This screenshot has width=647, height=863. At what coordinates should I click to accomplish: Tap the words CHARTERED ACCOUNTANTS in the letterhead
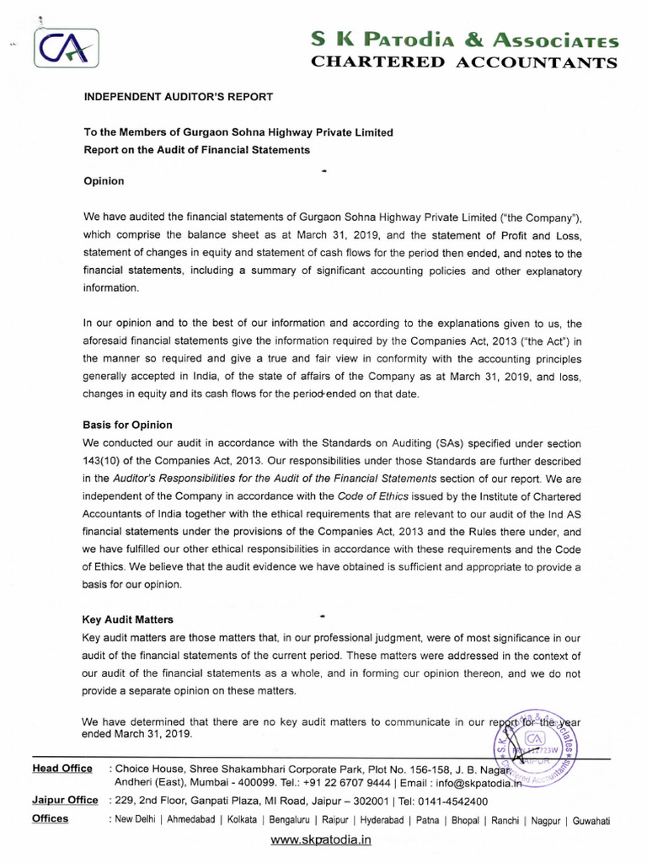tap(465, 62)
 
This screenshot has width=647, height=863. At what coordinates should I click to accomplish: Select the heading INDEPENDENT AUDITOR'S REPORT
tap(178, 97)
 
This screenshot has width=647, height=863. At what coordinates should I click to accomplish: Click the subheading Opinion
tap(104, 180)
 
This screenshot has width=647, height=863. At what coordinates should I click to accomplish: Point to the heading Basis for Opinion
tap(127, 425)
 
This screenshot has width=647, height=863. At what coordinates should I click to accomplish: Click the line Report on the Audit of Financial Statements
tap(196, 150)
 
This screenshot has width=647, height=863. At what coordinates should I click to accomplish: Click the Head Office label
tap(62, 768)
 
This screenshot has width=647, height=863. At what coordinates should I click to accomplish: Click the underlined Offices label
tap(51, 818)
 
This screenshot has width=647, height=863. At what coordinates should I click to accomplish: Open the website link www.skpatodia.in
tap(321, 840)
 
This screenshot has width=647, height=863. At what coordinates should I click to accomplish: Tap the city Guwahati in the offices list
tap(592, 820)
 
